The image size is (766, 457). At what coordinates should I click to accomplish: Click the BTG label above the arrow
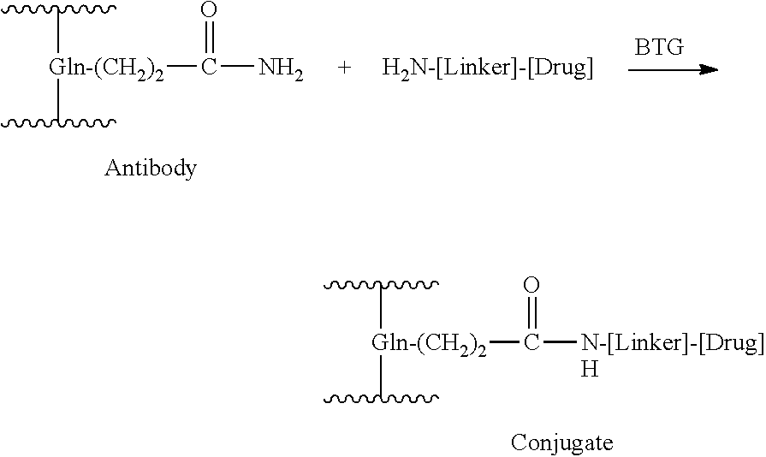659,47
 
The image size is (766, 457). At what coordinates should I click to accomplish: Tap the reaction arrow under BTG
674,70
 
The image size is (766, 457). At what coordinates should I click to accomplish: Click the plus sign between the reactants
344,68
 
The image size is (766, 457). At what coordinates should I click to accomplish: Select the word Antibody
151,169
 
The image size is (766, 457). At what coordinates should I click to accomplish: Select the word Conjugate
561,443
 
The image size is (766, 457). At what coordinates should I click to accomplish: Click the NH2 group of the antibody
281,68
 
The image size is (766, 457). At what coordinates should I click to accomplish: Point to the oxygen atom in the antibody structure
209,9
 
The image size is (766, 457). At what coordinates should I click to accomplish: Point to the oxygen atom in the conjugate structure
531,285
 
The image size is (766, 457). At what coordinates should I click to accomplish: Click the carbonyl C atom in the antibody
209,67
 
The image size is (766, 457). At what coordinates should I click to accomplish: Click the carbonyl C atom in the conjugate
531,342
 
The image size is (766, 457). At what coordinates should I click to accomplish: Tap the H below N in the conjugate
590,369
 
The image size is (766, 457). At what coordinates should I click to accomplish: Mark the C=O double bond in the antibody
209,37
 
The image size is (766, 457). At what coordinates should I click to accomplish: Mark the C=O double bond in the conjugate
531,312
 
